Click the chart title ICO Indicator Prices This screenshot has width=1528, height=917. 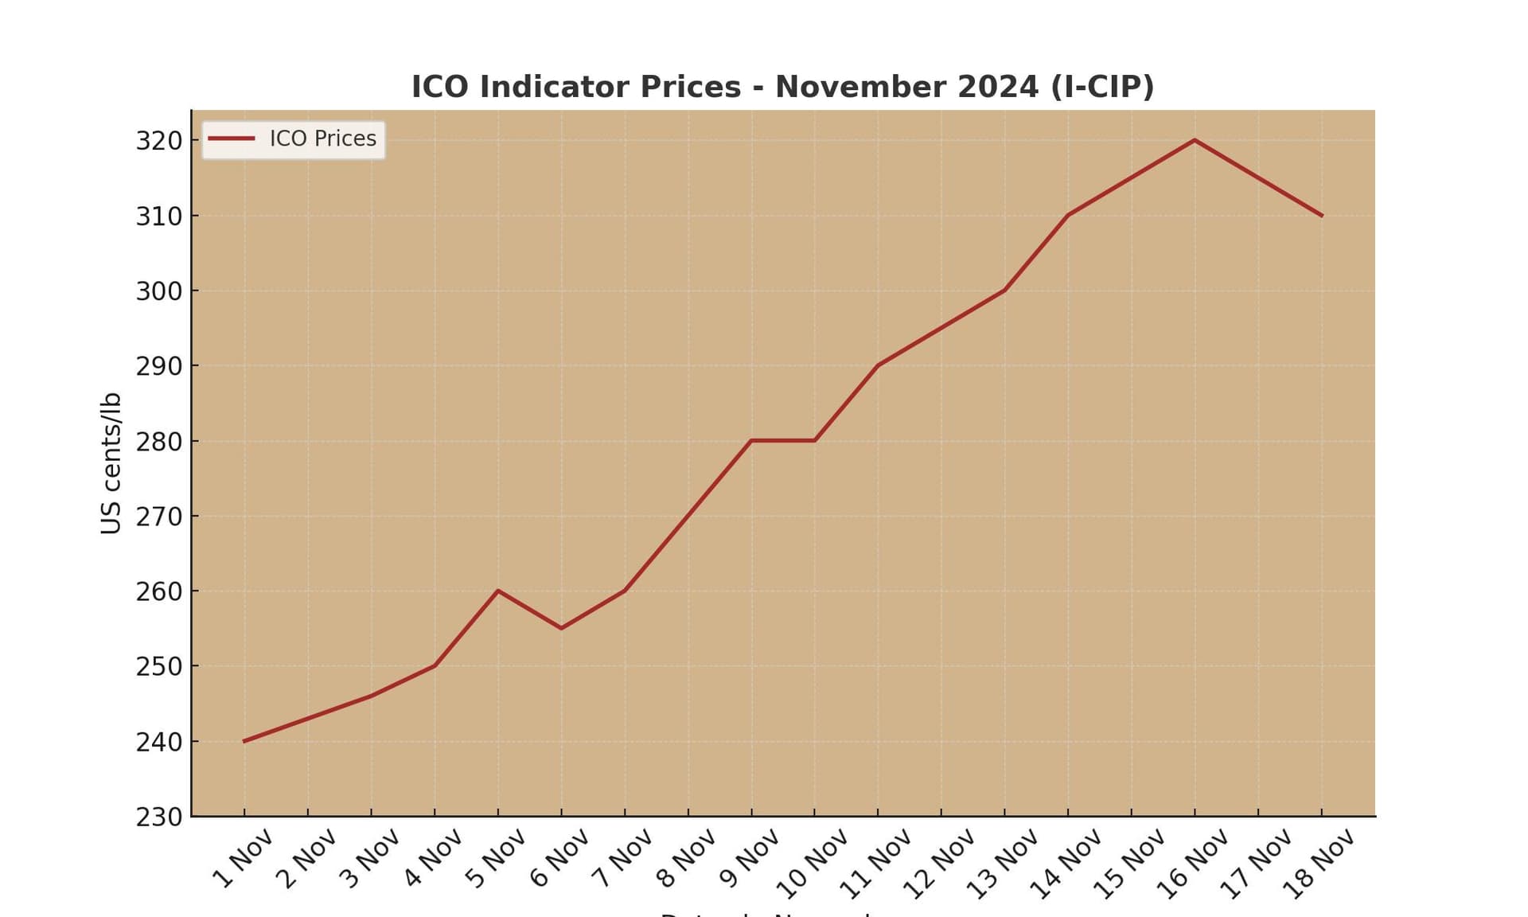(782, 87)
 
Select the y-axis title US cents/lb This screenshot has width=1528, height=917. (111, 462)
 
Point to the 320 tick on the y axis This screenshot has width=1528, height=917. (159, 141)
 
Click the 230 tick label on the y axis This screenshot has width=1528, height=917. (159, 817)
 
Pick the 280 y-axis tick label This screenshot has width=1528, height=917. (159, 441)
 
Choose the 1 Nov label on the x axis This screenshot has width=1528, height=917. (243, 858)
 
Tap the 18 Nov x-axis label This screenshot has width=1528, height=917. (1319, 864)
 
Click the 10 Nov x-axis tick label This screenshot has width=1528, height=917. (812, 864)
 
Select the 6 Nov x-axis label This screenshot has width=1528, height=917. (559, 858)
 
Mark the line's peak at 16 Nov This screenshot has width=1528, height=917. (1195, 140)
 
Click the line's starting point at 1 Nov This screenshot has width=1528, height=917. (244, 741)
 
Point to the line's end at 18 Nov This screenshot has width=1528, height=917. (1322, 216)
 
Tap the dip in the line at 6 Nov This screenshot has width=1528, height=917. (561, 628)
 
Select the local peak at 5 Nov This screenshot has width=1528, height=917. (498, 591)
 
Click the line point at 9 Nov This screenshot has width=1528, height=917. (751, 440)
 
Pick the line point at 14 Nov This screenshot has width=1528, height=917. (1068, 215)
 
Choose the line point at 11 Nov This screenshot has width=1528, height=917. (878, 365)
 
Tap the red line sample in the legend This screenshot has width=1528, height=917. (232, 139)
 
